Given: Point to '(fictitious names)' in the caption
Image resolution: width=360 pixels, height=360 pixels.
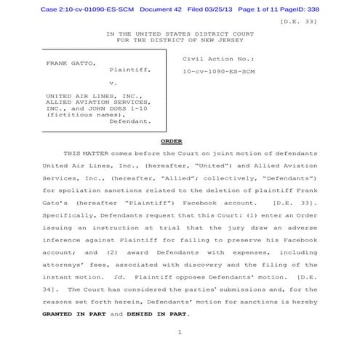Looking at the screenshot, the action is coord(76,115).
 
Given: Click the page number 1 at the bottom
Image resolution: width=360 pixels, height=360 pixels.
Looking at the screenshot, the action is coord(178,332).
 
